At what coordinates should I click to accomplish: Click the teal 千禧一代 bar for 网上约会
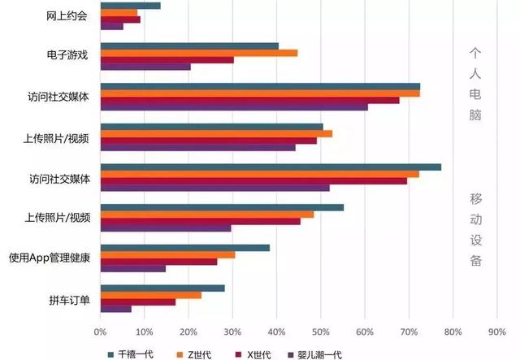130,6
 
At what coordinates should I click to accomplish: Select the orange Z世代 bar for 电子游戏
198,53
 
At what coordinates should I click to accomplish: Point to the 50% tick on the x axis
321,332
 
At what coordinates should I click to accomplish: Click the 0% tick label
100,332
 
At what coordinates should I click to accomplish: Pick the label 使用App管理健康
50,258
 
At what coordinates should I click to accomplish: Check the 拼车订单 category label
68,299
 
